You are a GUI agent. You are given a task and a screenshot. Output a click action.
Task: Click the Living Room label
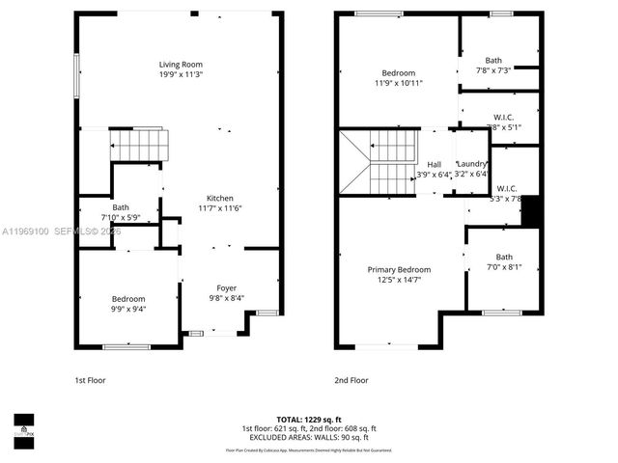[x=181, y=65]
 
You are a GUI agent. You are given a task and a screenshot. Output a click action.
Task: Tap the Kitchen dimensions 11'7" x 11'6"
[x=220, y=208]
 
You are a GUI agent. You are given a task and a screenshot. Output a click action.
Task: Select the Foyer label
[x=226, y=287]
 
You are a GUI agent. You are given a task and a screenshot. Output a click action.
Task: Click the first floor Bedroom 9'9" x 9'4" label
[x=127, y=298]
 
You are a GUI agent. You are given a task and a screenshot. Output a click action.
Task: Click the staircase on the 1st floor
[x=138, y=146]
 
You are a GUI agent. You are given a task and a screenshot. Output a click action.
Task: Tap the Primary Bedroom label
[x=399, y=269]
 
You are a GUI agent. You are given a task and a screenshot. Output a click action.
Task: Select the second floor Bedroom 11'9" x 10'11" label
[x=398, y=73]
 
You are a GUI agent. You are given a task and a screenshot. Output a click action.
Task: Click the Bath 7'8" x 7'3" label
[x=493, y=60]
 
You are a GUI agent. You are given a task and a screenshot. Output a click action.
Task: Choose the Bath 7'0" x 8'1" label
[x=504, y=257]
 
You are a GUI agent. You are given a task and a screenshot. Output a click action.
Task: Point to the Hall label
[x=434, y=164]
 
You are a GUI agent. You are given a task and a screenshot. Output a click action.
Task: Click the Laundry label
[x=472, y=164]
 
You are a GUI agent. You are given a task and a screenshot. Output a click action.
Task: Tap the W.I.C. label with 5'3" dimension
[x=507, y=188]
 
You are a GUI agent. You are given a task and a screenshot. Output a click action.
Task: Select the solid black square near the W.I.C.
[x=530, y=211]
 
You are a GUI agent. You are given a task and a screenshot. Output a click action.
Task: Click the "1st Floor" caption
[x=90, y=380]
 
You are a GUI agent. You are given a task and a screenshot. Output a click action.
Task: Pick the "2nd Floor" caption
[x=351, y=380]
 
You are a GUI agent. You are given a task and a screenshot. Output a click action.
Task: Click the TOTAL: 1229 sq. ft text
[x=309, y=420]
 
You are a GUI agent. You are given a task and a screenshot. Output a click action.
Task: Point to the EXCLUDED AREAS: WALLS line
[x=309, y=437]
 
